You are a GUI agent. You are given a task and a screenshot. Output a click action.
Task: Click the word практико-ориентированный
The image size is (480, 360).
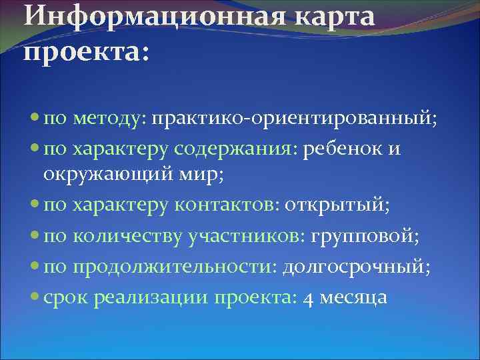[294, 120]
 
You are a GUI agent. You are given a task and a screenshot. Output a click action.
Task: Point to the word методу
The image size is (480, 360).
[111, 120]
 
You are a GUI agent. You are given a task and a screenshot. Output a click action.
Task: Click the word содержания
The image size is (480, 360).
[247, 149]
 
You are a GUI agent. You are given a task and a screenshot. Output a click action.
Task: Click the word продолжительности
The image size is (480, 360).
[176, 266]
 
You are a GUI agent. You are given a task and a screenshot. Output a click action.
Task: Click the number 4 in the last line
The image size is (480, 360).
[307, 297]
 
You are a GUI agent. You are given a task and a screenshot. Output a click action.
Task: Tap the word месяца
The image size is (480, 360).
[353, 297]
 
